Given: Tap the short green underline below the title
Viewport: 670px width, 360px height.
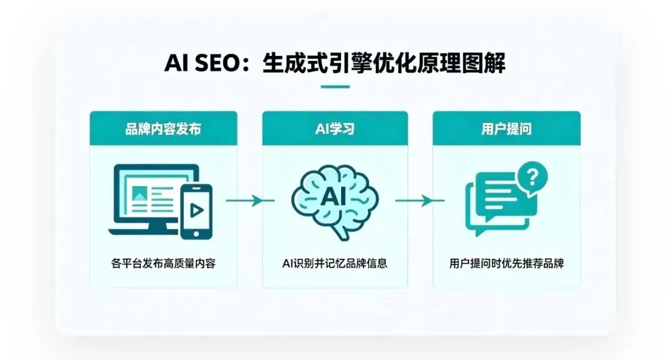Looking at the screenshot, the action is (x=335, y=87).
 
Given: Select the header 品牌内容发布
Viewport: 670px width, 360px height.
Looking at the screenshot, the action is (x=163, y=129).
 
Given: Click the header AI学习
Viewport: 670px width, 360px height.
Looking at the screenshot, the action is (x=335, y=129).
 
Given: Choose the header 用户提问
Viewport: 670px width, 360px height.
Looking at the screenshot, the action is (x=506, y=129).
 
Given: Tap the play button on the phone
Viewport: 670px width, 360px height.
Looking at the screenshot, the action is (x=196, y=210).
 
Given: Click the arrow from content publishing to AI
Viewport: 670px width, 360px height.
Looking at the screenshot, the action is (x=250, y=200).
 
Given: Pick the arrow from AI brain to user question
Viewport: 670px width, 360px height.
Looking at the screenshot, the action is (x=420, y=200).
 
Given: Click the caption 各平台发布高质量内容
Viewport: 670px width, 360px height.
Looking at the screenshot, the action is (x=163, y=263).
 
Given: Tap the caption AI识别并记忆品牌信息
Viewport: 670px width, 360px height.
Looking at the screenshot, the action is (x=335, y=263).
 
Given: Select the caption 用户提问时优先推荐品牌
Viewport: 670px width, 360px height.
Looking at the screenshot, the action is (x=506, y=263).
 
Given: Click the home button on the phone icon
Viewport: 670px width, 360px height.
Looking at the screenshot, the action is (x=196, y=233).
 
